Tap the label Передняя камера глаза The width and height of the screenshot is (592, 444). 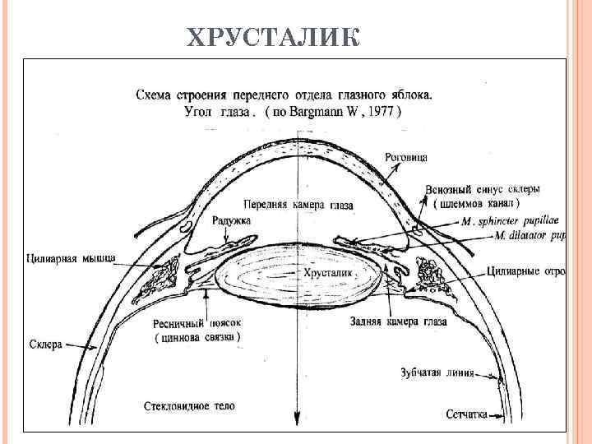click(x=298, y=203)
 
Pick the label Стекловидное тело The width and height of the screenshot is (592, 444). click(x=189, y=406)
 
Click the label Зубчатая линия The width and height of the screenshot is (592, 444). click(x=437, y=372)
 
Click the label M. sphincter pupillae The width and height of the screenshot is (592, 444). click(x=510, y=221)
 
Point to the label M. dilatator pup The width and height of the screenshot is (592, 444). click(x=530, y=235)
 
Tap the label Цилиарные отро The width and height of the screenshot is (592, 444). click(x=526, y=270)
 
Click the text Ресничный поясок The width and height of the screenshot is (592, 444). click(x=193, y=323)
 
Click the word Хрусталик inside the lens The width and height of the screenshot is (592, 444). click(x=328, y=271)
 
